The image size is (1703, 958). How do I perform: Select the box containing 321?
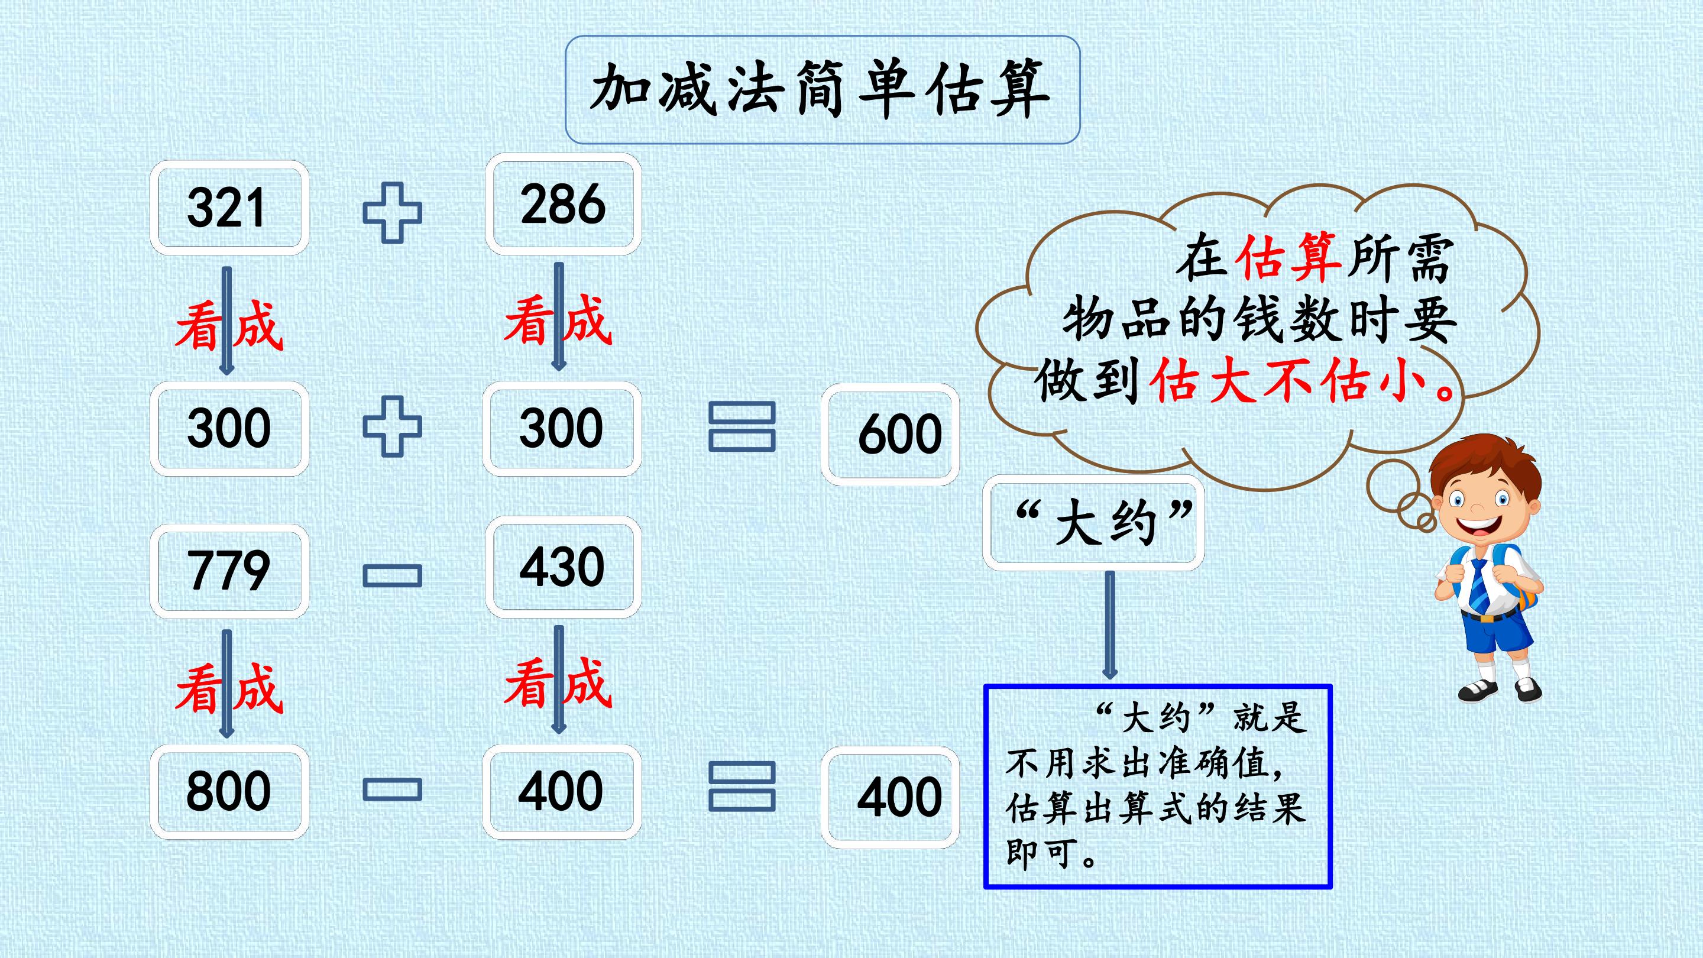point(229,208)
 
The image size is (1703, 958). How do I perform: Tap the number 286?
point(562,203)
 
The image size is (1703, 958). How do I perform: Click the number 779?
point(229,570)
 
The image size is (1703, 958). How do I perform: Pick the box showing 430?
point(562,567)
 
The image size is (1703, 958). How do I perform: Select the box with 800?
point(229,792)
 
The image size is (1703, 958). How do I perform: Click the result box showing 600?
point(890,435)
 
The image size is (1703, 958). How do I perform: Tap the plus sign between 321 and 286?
point(392,213)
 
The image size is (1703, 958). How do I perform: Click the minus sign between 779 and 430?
point(392,576)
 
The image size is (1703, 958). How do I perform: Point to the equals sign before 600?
point(742,427)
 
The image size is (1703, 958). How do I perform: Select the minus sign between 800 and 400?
point(392,789)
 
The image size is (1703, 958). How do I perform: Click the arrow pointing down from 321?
point(226,321)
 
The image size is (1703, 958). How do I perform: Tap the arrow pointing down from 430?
point(559,679)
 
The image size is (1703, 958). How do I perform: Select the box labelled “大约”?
point(1093,523)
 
